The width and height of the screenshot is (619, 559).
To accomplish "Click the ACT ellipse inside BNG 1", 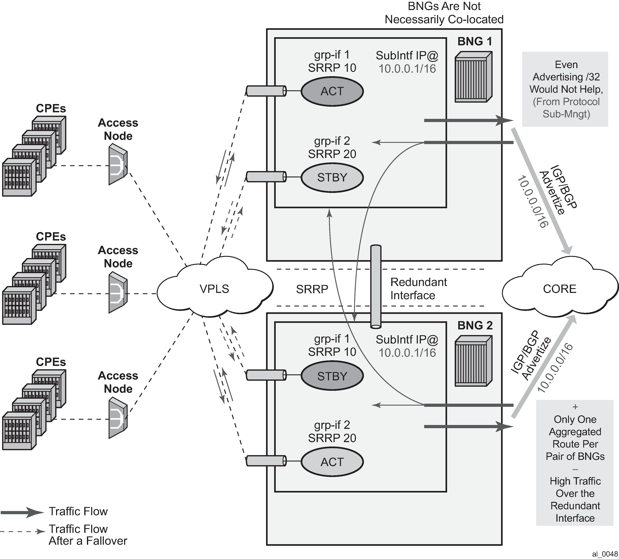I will coord(332,91).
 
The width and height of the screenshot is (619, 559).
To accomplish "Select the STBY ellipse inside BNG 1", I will coord(332,178).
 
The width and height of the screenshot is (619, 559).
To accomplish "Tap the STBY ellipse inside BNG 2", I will coord(332,376).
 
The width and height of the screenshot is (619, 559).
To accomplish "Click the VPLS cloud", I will coord(215,289).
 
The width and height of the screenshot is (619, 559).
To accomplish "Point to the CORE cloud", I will coord(559,289).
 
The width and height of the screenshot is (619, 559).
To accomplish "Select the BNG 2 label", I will coord(475,325).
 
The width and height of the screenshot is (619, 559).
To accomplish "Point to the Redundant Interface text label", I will coord(418,289).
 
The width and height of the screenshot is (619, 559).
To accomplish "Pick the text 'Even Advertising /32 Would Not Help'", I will coord(566,77).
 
